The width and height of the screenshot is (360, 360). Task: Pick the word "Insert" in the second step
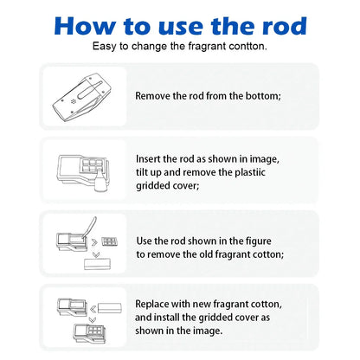pos(148,159)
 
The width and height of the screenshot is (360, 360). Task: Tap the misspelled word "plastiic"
pos(250,173)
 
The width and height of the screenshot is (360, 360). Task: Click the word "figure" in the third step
pos(259,241)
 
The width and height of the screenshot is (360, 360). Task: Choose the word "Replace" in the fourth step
pos(151,305)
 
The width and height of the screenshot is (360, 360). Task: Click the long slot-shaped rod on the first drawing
pos(90,90)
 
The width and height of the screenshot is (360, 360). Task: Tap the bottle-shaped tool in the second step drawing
pos(100,181)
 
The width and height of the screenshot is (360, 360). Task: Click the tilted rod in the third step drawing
pos(89,228)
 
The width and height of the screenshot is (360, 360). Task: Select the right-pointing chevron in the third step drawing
pos(94,242)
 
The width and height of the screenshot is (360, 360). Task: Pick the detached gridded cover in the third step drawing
pos(110,241)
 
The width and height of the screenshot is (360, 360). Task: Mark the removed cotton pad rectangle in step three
pos(97,264)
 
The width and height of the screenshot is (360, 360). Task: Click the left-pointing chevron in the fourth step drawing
pos(93,310)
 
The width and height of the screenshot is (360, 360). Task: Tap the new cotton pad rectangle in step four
pos(110,308)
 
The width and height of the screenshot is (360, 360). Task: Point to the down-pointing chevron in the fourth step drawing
pos(93,320)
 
